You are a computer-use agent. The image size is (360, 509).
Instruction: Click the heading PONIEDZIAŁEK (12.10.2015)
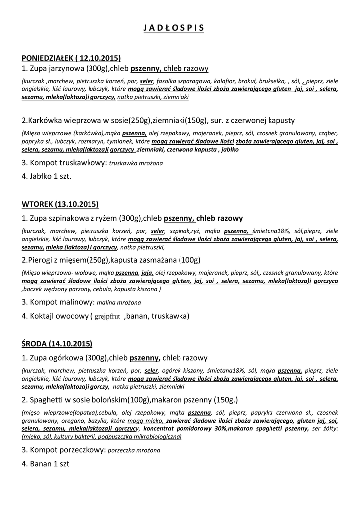click(72, 58)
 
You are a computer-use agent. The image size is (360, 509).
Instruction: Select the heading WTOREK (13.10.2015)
click(60, 204)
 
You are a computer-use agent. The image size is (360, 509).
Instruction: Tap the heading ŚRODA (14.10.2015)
click(57, 344)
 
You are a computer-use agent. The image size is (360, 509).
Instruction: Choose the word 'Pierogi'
click(40, 260)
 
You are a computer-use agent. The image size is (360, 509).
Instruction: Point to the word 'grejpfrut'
click(108, 316)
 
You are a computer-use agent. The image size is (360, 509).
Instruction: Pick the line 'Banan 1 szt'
click(45, 464)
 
